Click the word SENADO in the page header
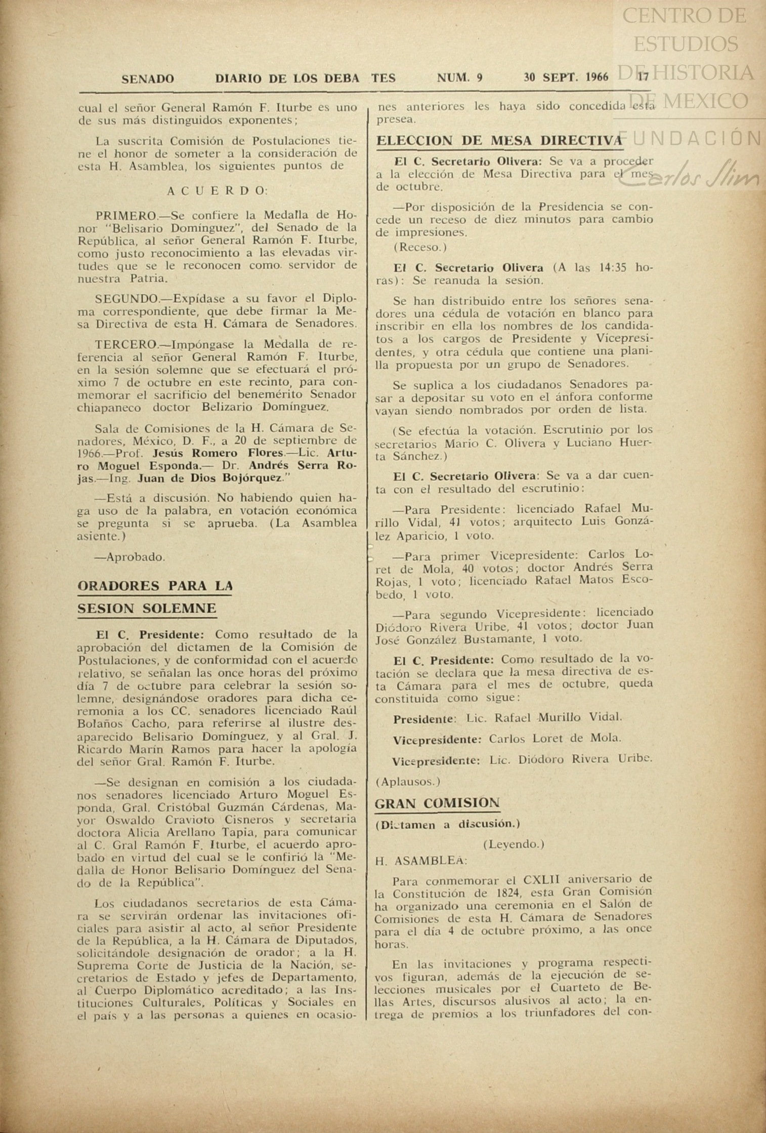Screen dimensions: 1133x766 pos(148,79)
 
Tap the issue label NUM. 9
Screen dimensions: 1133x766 pos(459,78)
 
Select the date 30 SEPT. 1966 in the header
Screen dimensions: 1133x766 pos(566,77)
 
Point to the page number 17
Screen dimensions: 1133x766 pos(643,77)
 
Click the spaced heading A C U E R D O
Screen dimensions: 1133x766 pos(217,191)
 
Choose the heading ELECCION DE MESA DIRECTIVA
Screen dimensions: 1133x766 pos(499,141)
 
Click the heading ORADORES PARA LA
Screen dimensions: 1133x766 pos(155,586)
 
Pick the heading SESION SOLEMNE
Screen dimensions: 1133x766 pos(147,608)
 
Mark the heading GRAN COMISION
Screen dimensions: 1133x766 pos(437,803)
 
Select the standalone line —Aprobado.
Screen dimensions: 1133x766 pos(130,557)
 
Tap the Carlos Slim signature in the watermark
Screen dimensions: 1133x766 pos(690,175)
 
